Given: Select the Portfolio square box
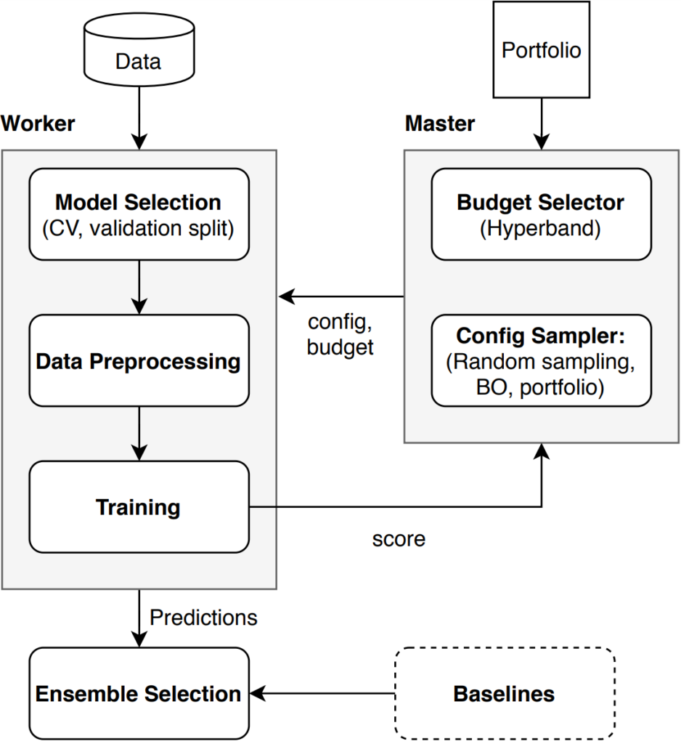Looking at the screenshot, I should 542,49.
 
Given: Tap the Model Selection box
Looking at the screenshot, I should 139,214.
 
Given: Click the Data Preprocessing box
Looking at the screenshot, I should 139,360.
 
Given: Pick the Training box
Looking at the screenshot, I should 139,506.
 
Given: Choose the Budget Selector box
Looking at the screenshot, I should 541,214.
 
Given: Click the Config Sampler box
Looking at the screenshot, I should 541,360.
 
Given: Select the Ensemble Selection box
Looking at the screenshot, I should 139,692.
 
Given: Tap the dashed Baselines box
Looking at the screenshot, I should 504,692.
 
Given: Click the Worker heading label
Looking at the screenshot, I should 38,124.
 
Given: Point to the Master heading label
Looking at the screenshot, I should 440,124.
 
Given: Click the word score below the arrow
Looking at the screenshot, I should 399,539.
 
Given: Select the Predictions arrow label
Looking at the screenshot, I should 203,617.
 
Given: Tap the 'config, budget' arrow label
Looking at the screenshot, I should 340,334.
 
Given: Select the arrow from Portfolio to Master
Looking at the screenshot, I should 542,124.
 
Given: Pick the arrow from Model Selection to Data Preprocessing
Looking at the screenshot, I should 139,287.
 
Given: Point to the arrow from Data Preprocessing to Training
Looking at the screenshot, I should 139,433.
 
